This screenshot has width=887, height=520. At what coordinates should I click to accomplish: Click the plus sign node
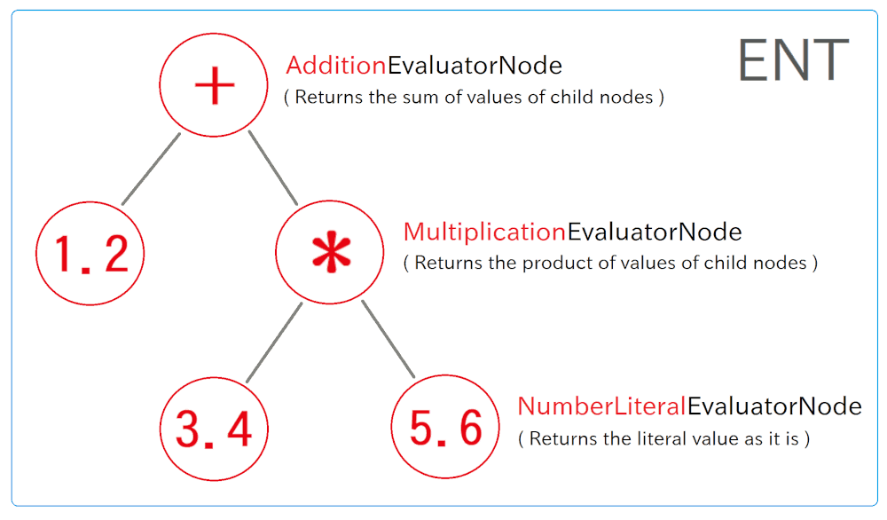click(x=213, y=85)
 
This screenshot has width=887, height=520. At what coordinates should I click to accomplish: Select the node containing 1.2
click(x=90, y=253)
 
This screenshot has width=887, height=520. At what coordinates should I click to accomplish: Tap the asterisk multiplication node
click(x=330, y=252)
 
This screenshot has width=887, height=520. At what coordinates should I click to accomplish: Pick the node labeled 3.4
click(x=214, y=429)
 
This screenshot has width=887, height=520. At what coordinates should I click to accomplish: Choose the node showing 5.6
click(x=445, y=427)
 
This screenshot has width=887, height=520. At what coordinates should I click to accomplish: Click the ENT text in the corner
click(x=794, y=60)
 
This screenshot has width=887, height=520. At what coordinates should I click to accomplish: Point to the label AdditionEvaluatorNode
click(x=424, y=66)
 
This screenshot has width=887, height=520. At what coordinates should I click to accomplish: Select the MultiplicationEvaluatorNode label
click(x=572, y=232)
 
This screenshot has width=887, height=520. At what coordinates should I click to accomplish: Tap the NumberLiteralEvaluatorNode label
click(x=689, y=406)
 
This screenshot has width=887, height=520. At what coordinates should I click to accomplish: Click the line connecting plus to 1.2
click(x=151, y=169)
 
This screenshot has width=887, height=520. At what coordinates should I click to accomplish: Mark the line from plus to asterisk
click(x=272, y=168)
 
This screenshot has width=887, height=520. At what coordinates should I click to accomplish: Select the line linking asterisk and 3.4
click(x=274, y=343)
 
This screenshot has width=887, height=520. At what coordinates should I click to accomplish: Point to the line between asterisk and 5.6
click(x=389, y=339)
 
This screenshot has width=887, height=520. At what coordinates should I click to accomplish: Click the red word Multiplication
click(x=485, y=232)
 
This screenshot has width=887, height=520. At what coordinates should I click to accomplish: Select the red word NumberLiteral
click(x=602, y=406)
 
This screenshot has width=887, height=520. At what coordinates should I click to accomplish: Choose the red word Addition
click(x=336, y=66)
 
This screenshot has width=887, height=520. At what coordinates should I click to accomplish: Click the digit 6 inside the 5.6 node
click(x=471, y=427)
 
